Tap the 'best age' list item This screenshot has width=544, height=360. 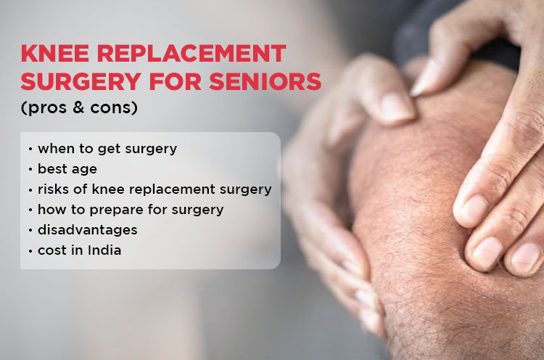coord(68,169)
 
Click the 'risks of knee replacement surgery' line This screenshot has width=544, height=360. coord(154,189)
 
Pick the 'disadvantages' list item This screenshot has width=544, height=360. coord(87,230)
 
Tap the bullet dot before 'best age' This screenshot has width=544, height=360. coord(30,170)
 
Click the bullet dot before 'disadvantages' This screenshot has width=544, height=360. coord(30,231)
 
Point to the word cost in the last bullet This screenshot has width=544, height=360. coord(52,250)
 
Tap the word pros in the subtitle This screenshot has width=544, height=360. coord(47,109)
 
